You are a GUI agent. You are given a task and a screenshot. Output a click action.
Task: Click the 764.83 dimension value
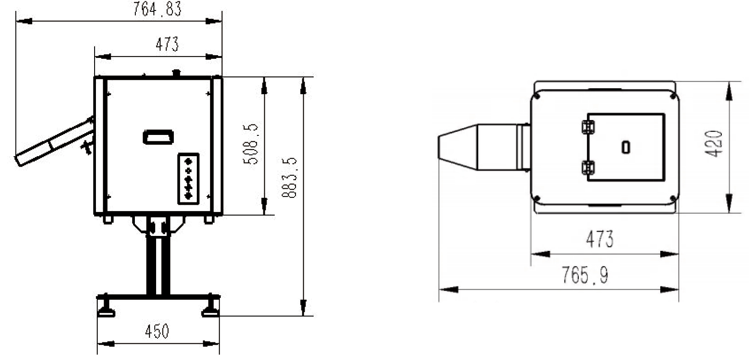157,9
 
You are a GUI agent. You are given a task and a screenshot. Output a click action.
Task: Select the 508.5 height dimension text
251,144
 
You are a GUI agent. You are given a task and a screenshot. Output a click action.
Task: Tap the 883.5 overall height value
290,178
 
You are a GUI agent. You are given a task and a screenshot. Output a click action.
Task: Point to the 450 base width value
157,331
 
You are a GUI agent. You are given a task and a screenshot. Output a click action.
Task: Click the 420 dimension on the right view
713,144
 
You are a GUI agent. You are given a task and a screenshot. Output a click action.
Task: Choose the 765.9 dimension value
585,275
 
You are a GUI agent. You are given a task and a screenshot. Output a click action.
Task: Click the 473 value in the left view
167,44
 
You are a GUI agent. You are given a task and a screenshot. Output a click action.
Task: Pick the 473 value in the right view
600,239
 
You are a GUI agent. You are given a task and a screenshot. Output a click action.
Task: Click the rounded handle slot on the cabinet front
158,137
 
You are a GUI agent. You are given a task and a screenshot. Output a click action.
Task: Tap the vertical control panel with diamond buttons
188,179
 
